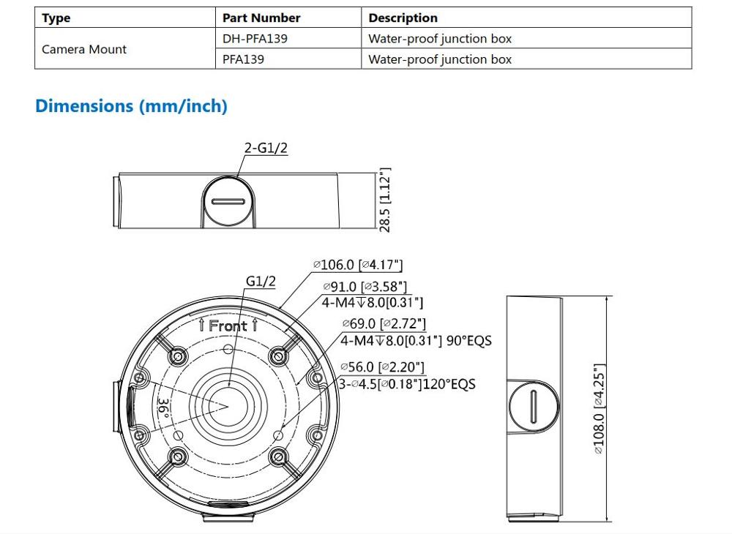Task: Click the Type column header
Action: (56, 18)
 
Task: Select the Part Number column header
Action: (261, 18)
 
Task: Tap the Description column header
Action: (403, 18)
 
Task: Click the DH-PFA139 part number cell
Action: (255, 39)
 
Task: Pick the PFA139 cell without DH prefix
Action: (243, 59)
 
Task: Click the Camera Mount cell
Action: (84, 49)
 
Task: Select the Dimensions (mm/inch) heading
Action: (131, 106)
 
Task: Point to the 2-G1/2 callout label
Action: (266, 148)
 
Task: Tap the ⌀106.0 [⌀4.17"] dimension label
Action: (357, 265)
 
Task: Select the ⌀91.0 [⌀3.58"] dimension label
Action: (365, 287)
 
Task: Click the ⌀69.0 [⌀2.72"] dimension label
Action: (384, 323)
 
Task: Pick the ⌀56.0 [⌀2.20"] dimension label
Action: (382, 367)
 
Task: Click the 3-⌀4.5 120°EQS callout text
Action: (407, 384)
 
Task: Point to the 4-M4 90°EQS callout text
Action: (416, 340)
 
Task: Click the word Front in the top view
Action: (228, 326)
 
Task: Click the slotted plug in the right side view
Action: (534, 407)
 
